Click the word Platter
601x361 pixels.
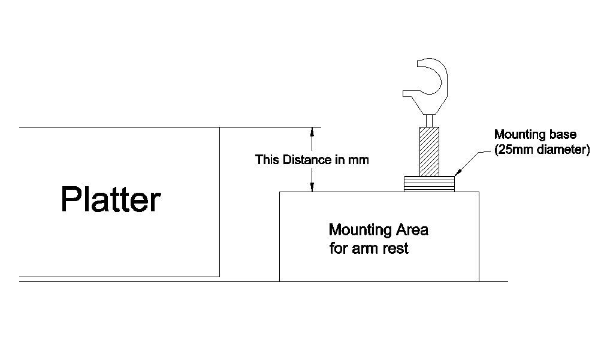(111, 199)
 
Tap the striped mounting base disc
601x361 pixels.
(430, 184)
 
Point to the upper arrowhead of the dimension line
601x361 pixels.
(312, 132)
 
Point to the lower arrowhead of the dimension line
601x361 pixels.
(312, 187)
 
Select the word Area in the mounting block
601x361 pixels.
(412, 230)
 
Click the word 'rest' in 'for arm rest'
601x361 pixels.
(396, 248)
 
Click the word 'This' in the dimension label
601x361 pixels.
(267, 160)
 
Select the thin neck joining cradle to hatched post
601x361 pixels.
(429, 120)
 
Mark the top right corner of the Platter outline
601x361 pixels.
(219, 128)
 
